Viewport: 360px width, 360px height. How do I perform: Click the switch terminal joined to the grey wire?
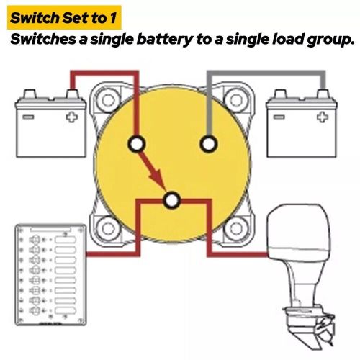(x=208, y=144)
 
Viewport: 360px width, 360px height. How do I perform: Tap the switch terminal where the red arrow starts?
(x=135, y=144)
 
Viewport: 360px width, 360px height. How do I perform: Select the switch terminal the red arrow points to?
(x=171, y=200)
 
